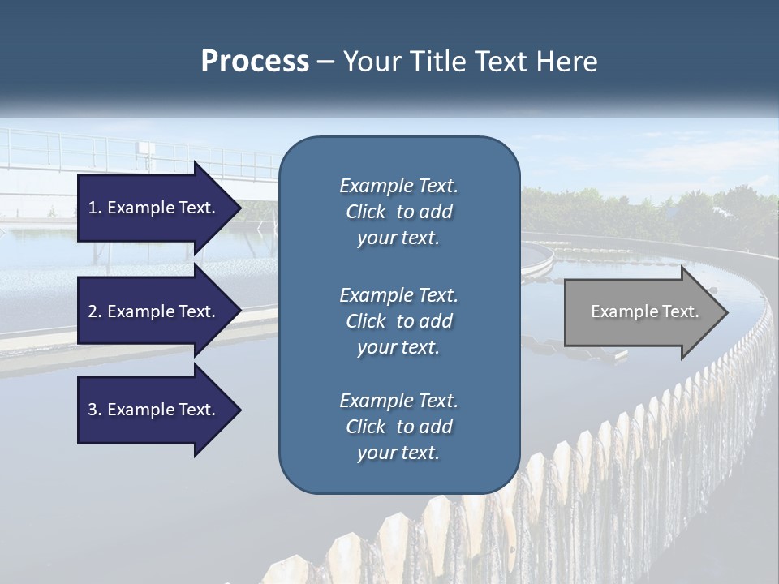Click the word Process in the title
click(x=255, y=62)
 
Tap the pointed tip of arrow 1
click(x=239, y=208)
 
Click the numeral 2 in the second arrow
click(x=93, y=311)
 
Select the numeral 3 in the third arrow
click(x=93, y=410)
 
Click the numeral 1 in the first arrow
click(x=92, y=208)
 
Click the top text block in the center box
click(x=398, y=212)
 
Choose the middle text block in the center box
click(x=398, y=321)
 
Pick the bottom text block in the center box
click(x=398, y=427)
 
